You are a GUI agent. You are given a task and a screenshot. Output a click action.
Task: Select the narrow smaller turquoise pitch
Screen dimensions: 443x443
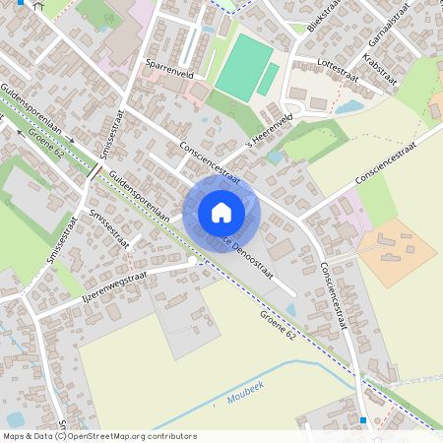pyautogui.click(x=268, y=80)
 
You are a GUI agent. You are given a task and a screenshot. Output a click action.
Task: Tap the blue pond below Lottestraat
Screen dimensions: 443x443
pyautogui.click(x=348, y=107)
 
